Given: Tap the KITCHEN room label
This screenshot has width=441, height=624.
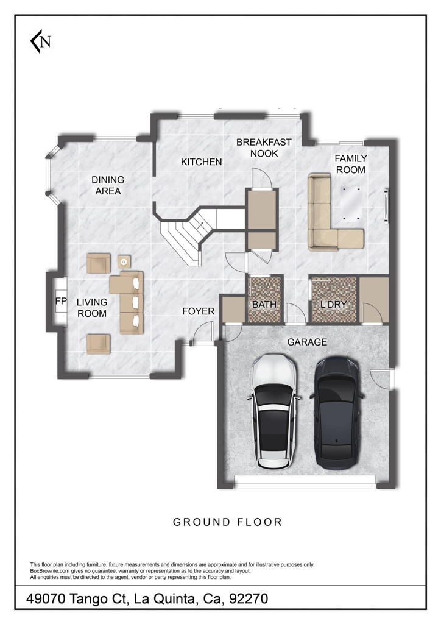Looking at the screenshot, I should click(x=201, y=162).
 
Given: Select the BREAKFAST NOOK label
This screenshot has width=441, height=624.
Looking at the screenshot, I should click(x=264, y=147).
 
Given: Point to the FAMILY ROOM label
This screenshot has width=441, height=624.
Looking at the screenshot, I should click(x=351, y=165).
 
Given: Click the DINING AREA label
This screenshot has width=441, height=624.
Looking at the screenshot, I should click(x=108, y=185).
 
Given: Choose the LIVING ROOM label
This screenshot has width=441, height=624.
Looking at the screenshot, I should click(x=91, y=308).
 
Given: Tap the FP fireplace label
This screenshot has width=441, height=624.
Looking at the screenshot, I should click(x=60, y=302).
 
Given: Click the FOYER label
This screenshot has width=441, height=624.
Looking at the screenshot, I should click(x=199, y=311).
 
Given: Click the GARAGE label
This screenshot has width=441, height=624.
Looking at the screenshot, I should click(x=307, y=342).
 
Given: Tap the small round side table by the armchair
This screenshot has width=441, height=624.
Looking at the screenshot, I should click(x=124, y=261).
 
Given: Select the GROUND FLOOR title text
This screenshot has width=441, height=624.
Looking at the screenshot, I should click(x=227, y=522).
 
